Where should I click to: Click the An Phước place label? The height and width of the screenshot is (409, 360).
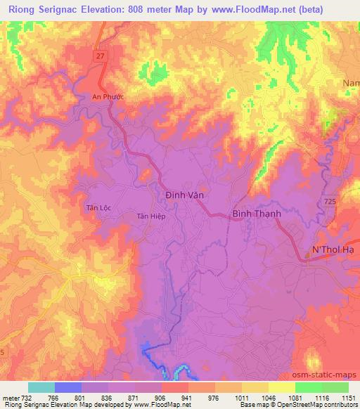(x=108, y=97)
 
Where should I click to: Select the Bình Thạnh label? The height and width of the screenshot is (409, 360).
(x=257, y=214)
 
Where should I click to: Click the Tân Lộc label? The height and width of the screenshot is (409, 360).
(x=99, y=208)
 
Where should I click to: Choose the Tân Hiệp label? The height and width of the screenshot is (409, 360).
(x=151, y=216)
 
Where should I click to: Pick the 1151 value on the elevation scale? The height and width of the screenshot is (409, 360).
(x=348, y=397)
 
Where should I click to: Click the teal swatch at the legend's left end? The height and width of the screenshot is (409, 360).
(x=41, y=387)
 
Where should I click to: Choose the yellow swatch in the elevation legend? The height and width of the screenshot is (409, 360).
(x=281, y=387)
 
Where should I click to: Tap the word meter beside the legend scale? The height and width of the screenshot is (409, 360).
(x=11, y=397)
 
